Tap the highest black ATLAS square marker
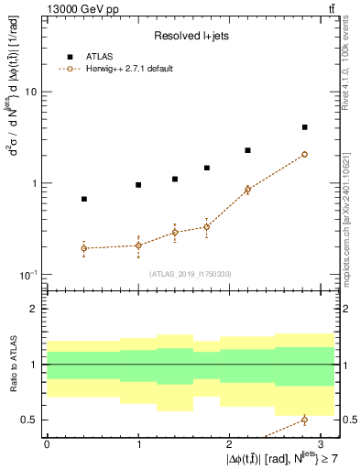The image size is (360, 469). point(304,127)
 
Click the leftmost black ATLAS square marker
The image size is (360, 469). point(84,199)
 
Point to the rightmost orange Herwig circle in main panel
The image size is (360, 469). point(304,155)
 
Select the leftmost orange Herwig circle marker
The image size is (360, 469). point(84,248)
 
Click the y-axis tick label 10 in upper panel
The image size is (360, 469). point(29,93)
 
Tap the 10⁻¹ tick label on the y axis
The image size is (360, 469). point(26,275)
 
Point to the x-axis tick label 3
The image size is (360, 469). point(322,443)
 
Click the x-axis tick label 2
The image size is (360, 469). point(231,443)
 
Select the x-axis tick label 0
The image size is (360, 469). point(47,443)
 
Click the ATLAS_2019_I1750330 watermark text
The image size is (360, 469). point(191,274)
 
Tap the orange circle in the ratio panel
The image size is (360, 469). point(304,420)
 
